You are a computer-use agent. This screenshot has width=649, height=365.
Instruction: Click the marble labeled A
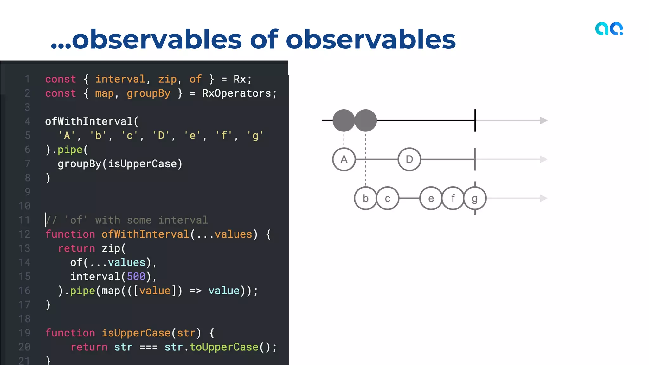point(344,159)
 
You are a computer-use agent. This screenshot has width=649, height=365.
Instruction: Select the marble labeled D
point(409,159)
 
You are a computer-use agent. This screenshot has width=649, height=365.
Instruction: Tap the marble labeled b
point(365,198)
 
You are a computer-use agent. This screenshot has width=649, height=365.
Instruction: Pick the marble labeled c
point(387,198)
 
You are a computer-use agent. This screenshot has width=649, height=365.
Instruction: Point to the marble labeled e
point(431,198)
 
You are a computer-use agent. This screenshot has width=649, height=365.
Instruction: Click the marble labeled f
point(453,198)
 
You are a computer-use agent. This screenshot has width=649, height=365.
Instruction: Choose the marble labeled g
point(474,198)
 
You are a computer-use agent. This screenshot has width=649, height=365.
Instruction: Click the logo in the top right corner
point(609,29)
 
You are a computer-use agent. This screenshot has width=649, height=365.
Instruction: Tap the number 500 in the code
point(136,277)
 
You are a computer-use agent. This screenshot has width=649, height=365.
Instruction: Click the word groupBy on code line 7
point(79,164)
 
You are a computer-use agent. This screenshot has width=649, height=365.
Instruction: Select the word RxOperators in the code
point(236,93)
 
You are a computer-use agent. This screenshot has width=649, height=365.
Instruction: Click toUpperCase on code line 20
point(224,347)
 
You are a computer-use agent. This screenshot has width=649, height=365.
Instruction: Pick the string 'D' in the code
point(161,136)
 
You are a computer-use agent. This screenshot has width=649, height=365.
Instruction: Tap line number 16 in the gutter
point(24,291)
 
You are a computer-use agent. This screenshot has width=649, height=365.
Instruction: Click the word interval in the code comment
point(183,220)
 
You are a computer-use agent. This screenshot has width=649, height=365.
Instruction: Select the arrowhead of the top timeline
point(543,120)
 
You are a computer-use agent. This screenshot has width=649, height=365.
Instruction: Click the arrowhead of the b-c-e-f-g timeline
point(543,198)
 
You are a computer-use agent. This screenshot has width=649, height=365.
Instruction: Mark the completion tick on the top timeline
point(475,120)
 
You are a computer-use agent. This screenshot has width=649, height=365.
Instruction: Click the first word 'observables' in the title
point(157,40)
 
